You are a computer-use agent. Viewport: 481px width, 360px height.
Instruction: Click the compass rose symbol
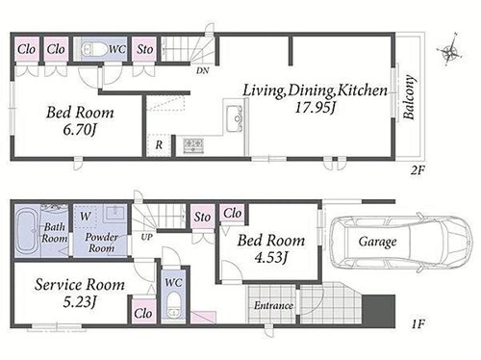(449, 51)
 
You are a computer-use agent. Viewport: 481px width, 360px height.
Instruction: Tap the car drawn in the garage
(401, 243)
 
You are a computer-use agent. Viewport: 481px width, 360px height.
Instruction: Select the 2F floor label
(418, 170)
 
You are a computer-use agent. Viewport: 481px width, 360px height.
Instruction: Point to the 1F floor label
(418, 323)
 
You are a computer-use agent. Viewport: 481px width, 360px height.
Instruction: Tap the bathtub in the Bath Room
(28, 230)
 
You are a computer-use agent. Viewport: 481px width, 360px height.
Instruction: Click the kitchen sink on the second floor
(235, 118)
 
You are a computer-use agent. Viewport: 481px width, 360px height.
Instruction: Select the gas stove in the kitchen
(193, 145)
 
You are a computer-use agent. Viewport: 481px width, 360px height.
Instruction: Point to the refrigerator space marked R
(159, 145)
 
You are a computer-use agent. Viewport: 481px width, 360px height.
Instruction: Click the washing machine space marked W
(86, 217)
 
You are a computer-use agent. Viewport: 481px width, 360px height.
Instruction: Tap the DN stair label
(203, 70)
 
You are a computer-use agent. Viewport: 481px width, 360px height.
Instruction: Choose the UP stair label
(147, 237)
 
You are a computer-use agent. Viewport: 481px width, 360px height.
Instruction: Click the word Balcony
(409, 97)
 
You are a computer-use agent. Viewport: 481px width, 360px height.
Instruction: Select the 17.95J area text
(315, 107)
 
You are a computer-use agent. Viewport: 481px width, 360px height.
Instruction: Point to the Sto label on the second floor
(144, 49)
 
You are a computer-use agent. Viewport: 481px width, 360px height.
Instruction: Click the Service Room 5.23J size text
(80, 302)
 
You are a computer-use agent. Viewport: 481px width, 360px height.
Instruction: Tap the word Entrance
(273, 305)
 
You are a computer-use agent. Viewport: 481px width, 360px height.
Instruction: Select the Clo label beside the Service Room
(143, 313)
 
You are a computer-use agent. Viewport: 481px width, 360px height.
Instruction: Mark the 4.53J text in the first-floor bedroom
(270, 257)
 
